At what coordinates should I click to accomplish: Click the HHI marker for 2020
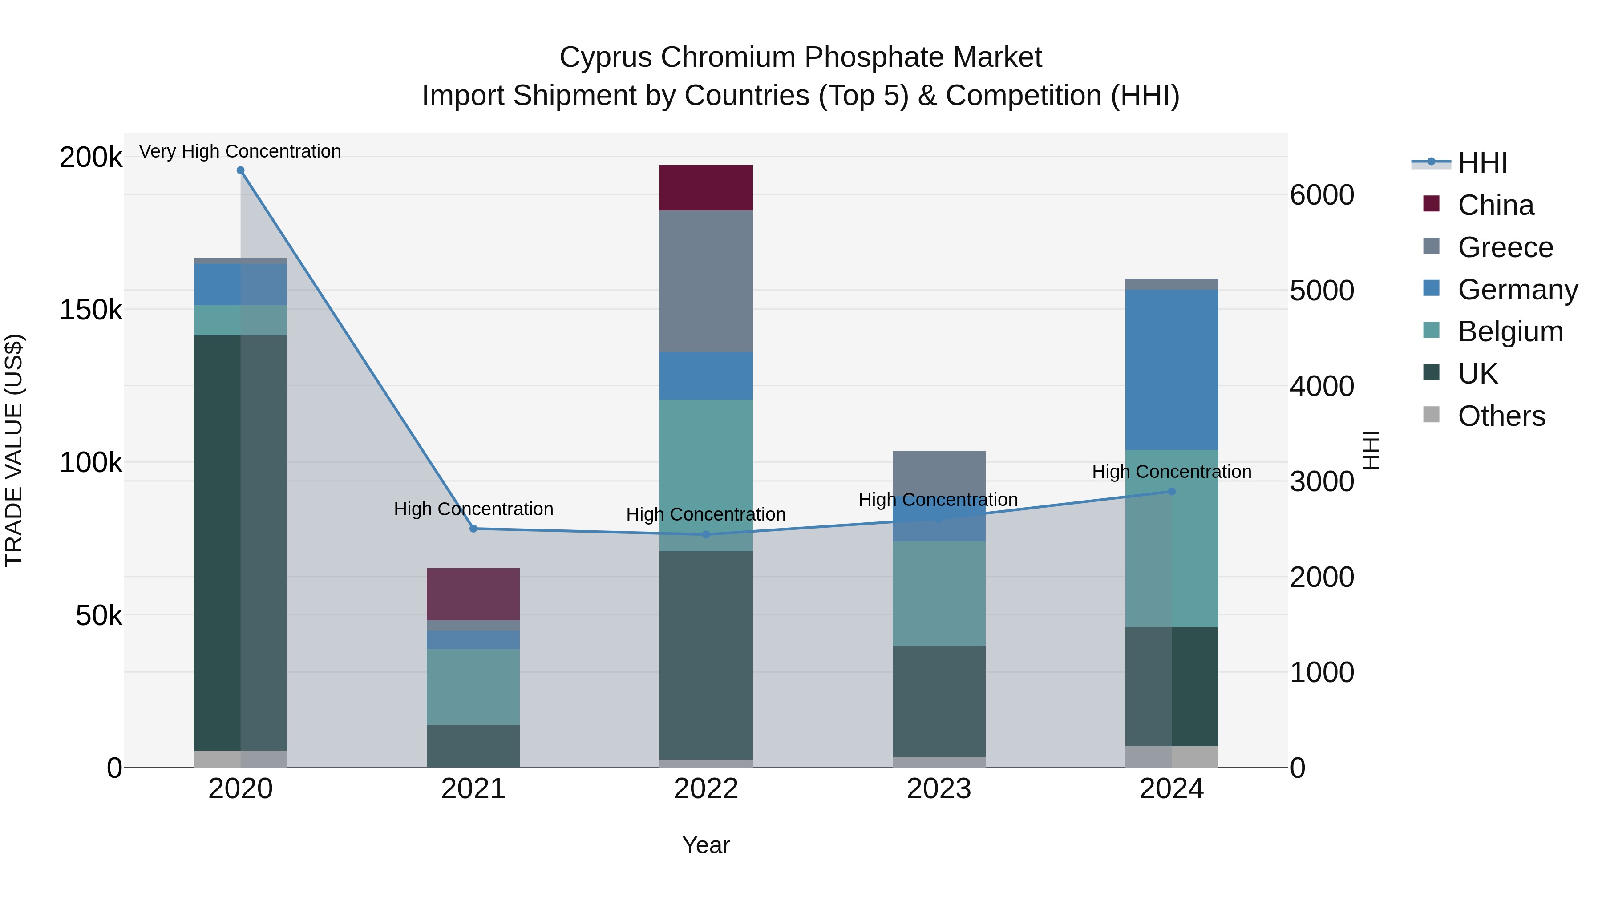tap(241, 170)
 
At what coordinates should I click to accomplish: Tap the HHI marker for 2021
tap(473, 529)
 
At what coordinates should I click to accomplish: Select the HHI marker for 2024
tap(1172, 491)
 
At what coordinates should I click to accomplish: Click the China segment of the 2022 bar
tap(706, 188)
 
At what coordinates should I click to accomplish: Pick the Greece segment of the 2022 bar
tap(706, 281)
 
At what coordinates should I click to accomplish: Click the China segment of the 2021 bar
tap(473, 594)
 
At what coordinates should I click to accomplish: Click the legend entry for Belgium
tap(1510, 331)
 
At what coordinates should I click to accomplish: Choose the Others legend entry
tap(1501, 416)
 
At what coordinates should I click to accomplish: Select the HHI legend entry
tap(1482, 163)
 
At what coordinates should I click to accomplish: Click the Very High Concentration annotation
tap(240, 151)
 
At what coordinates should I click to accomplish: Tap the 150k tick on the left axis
tap(91, 310)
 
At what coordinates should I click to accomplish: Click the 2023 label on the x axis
tap(939, 788)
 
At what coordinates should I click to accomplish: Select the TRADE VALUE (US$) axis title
tap(14, 450)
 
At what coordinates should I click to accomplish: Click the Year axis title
tap(706, 845)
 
